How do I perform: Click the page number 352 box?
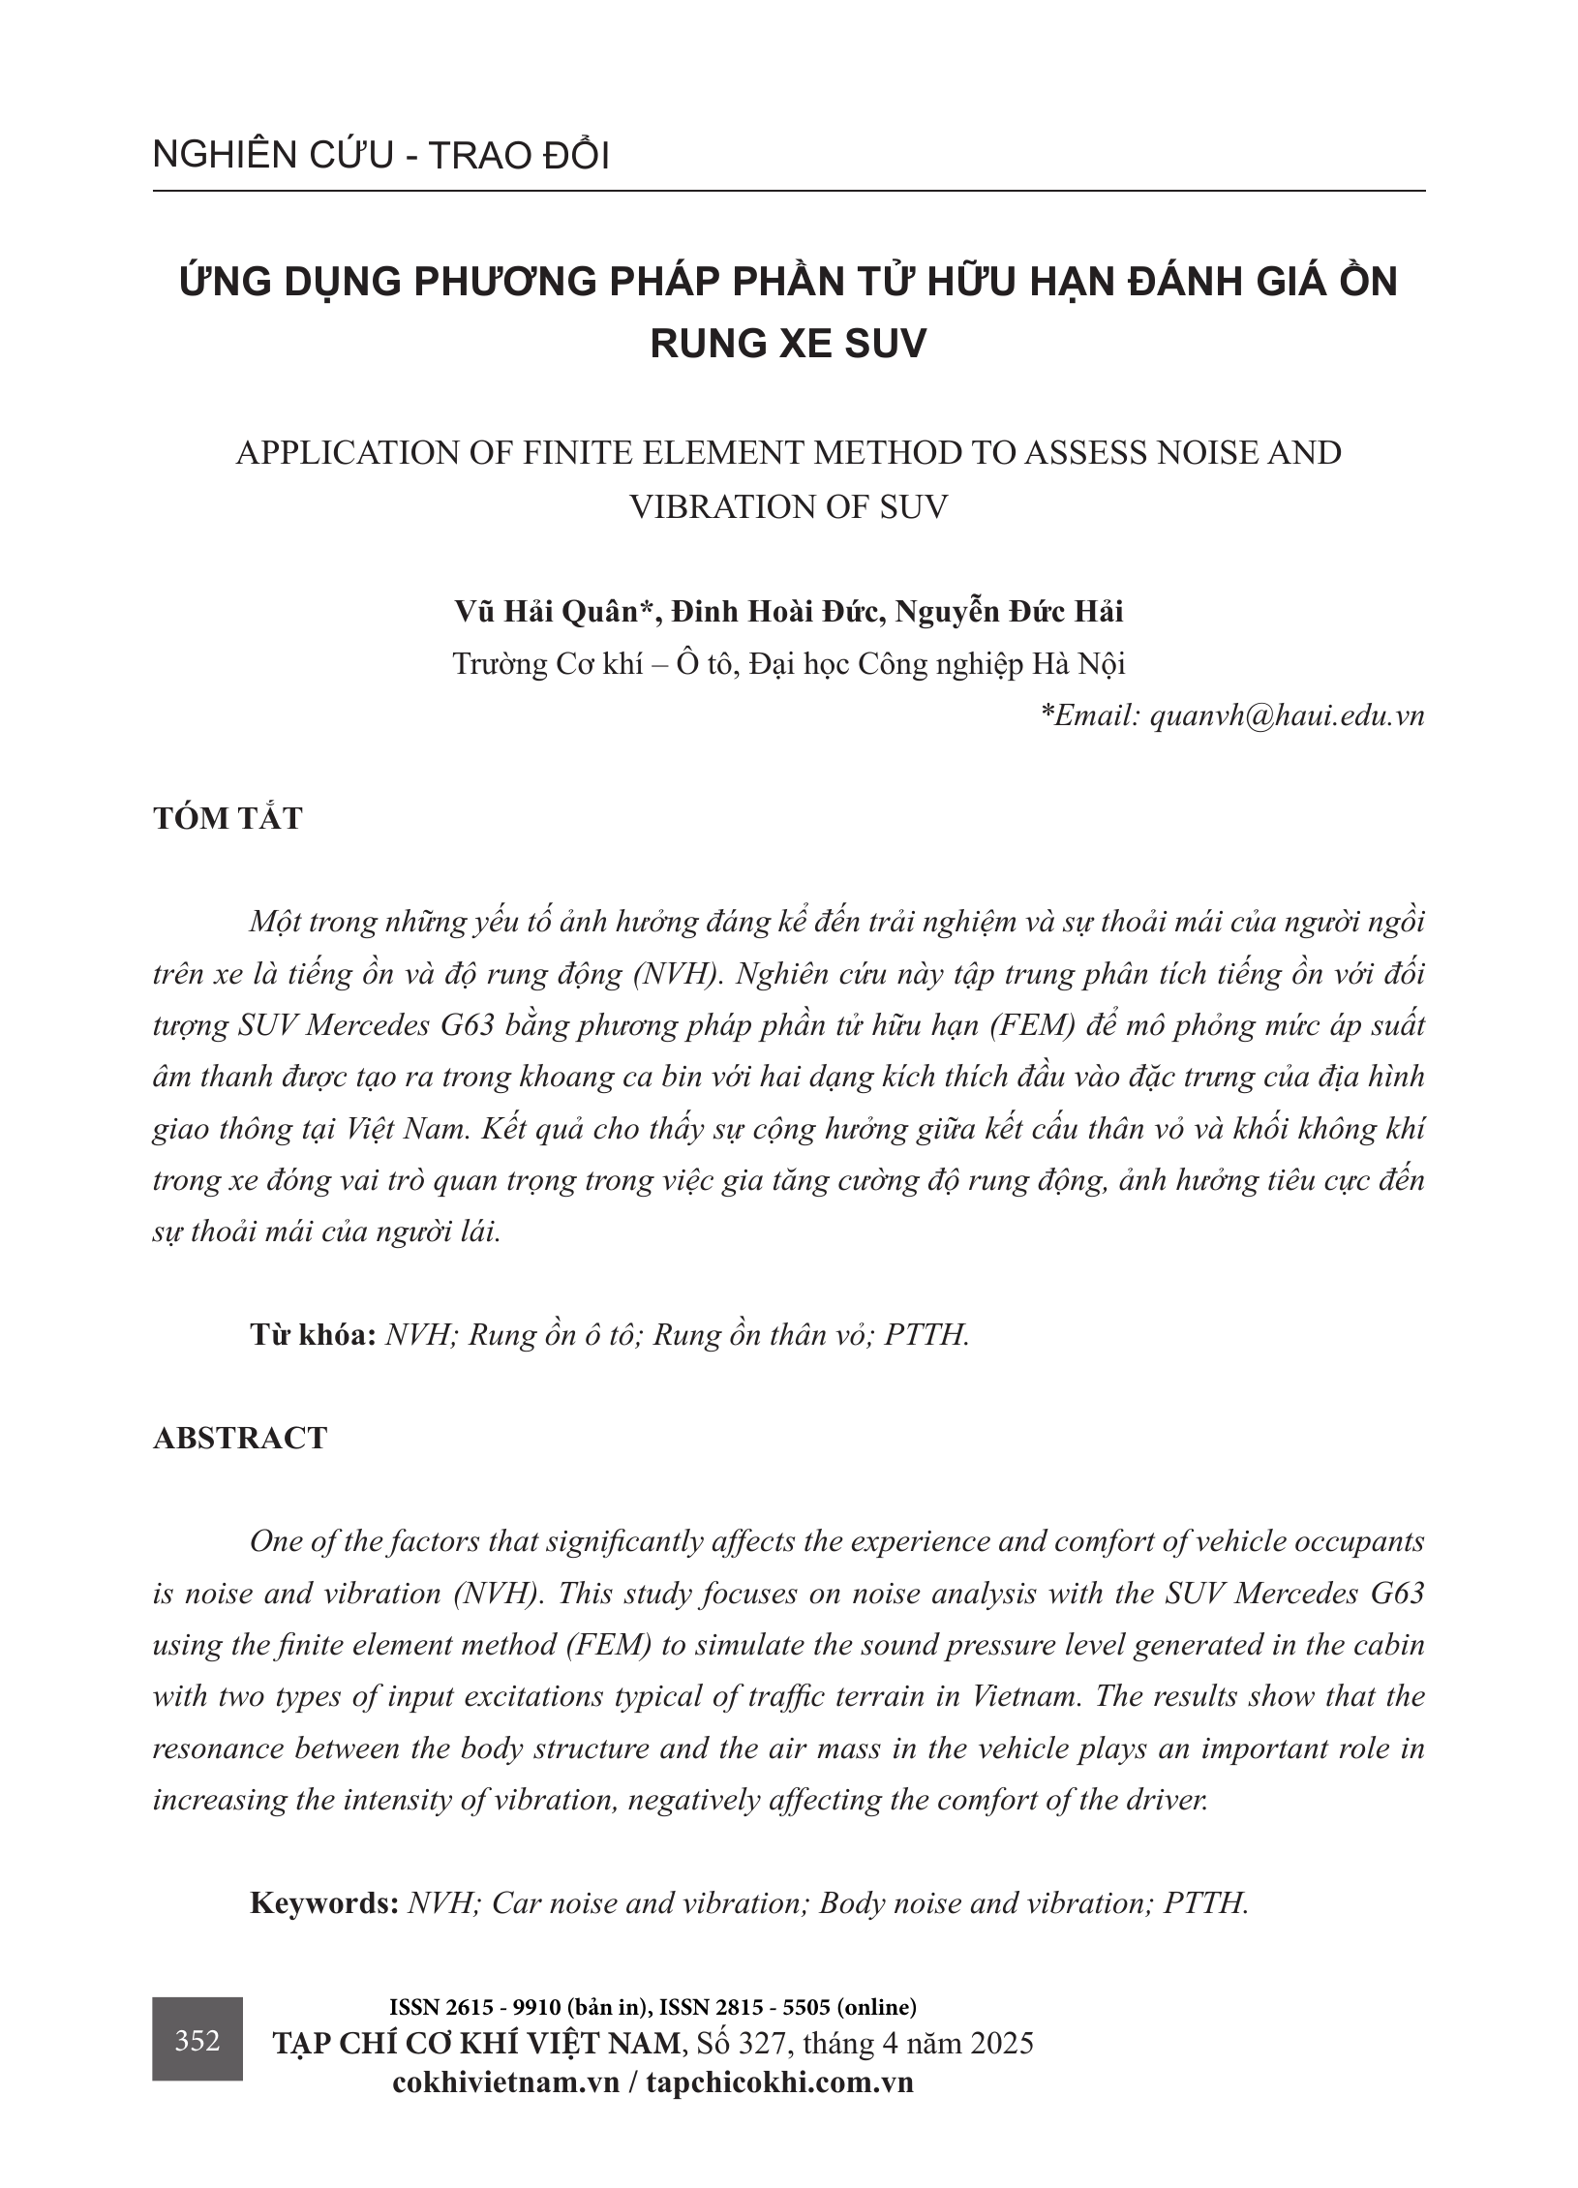coord(197,2041)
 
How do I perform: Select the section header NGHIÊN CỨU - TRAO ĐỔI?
coord(380,156)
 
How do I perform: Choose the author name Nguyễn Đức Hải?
coord(1009,612)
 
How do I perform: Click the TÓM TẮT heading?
coord(228,818)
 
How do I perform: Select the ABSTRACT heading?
coord(240,1438)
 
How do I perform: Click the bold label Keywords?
coord(324,1902)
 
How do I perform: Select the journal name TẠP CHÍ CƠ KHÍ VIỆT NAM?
coord(477,2043)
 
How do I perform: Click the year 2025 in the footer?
coord(999,2043)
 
